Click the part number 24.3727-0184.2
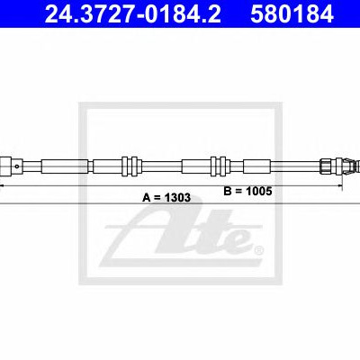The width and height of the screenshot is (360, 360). (132, 13)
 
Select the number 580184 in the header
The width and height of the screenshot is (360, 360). (292, 13)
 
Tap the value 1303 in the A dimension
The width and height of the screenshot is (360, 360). (177, 197)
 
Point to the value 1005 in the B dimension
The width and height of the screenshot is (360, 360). (258, 191)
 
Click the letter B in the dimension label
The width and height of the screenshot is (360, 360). (228, 191)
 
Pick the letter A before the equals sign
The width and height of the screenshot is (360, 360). (147, 197)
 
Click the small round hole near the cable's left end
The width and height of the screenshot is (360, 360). (17, 166)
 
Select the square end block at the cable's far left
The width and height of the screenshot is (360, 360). (5, 166)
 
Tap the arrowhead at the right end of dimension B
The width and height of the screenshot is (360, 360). (340, 186)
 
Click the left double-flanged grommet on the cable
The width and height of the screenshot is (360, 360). (130, 166)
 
